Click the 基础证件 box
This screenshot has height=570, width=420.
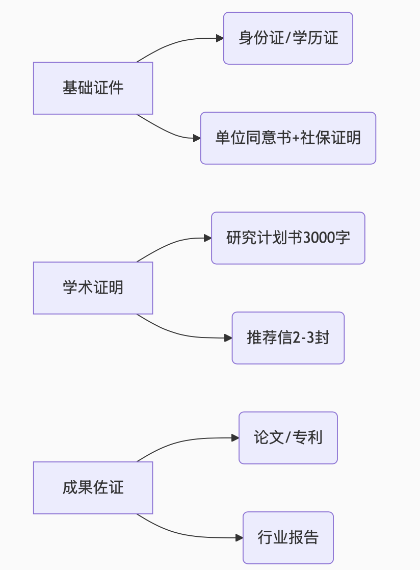[x=93, y=88]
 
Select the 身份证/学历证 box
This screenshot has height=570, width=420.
[x=288, y=38]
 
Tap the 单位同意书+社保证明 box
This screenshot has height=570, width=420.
[x=288, y=138]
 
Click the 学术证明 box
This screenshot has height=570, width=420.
[x=93, y=288]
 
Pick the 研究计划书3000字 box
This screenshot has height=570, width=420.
[x=288, y=238]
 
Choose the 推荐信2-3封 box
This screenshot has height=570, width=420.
[x=288, y=338]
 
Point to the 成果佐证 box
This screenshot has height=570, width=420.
[x=93, y=488]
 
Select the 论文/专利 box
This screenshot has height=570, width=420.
[x=288, y=438]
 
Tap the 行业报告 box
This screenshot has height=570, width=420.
[x=288, y=538]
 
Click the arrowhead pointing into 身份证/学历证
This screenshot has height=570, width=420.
[x=220, y=38]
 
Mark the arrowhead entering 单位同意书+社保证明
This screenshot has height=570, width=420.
[x=197, y=138]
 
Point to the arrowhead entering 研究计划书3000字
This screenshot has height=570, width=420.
[x=207, y=238]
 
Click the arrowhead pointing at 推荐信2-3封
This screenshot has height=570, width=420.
[x=228, y=338]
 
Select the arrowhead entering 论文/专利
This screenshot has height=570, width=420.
[x=235, y=438]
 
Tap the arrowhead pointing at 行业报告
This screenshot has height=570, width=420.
[x=239, y=538]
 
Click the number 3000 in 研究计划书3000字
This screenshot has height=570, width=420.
[x=319, y=238]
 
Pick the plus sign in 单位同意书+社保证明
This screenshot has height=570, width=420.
[x=294, y=139]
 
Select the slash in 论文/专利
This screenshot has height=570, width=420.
[x=288, y=438]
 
